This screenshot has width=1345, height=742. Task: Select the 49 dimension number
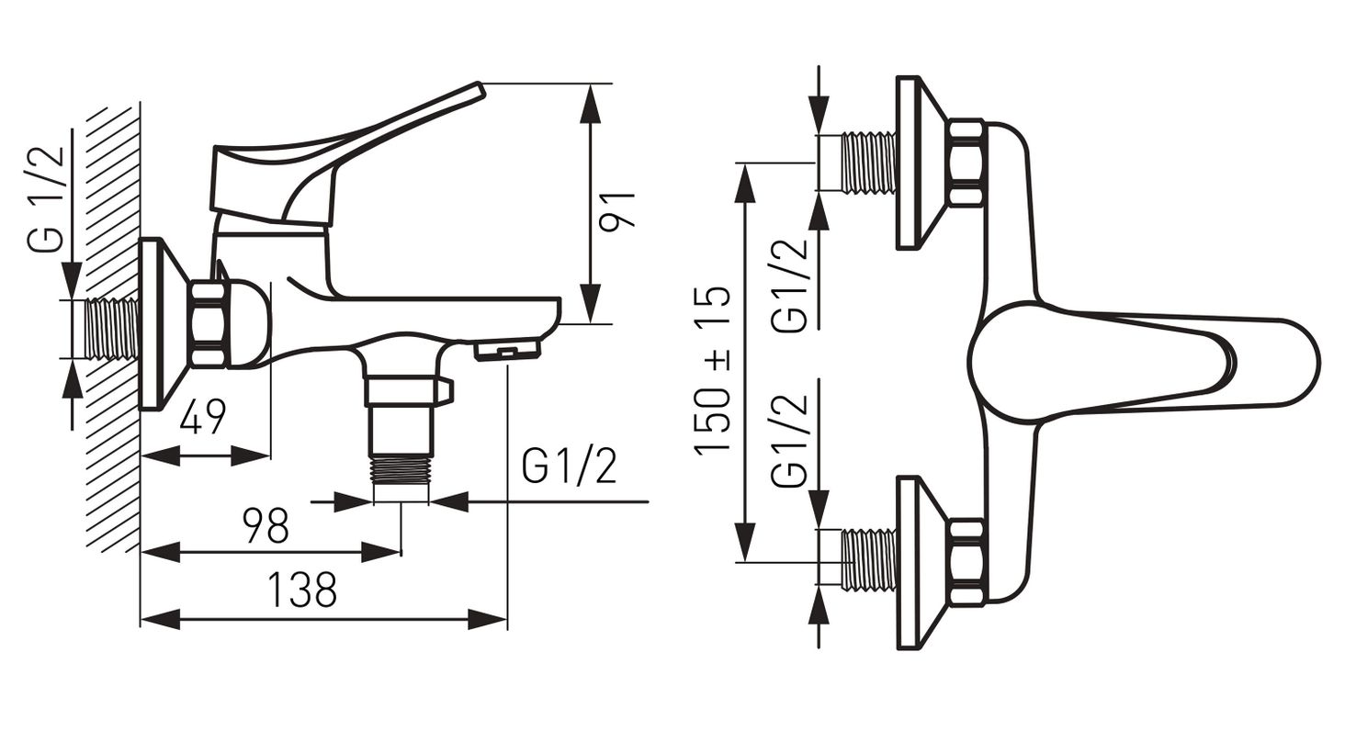point(202,416)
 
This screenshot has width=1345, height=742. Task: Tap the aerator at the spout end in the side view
point(507,350)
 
